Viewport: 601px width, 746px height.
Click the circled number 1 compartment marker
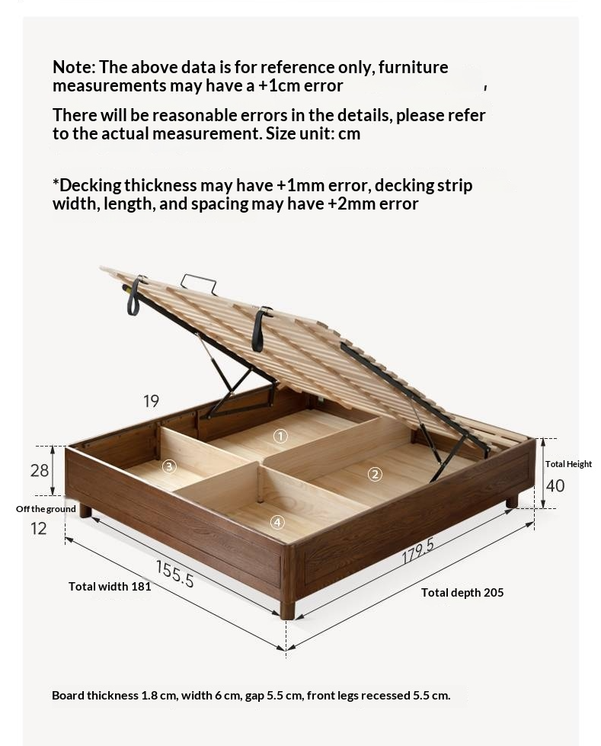(x=280, y=435)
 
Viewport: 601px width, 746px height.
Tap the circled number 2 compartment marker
(x=376, y=474)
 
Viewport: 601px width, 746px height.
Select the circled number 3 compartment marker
(x=169, y=466)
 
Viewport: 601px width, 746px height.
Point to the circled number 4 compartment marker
(x=277, y=523)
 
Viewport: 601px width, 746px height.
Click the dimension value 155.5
(x=175, y=574)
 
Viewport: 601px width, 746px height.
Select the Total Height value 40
(x=555, y=485)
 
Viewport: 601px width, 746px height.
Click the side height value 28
(x=40, y=470)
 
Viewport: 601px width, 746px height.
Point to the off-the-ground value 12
(x=39, y=528)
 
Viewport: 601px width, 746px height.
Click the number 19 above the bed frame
(x=151, y=402)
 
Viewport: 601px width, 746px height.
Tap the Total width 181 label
(x=110, y=586)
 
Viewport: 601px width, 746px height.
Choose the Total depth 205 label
(x=462, y=593)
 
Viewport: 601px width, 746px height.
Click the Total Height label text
(x=569, y=464)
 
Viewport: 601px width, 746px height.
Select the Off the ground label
(x=46, y=508)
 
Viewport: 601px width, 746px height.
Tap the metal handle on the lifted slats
(x=198, y=282)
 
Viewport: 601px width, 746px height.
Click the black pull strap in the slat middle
(x=260, y=329)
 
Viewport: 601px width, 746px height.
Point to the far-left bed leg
(x=85, y=511)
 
